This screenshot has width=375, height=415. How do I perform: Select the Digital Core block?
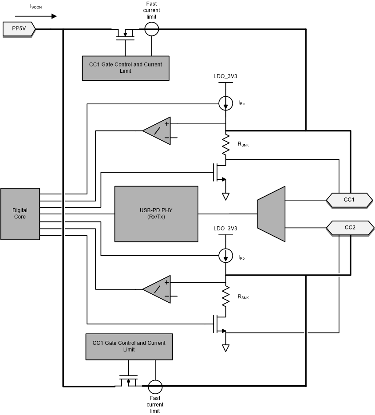[x=20, y=213]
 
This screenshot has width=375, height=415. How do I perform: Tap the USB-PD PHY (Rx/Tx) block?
[x=156, y=214]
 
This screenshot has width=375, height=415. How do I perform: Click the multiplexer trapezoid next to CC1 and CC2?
[x=271, y=214]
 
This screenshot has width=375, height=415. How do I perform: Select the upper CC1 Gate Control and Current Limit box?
[x=126, y=68]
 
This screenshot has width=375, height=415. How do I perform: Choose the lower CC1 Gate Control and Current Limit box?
[x=129, y=347]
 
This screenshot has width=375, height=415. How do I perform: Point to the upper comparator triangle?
[x=156, y=130]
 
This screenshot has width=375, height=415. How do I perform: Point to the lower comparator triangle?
[x=156, y=289]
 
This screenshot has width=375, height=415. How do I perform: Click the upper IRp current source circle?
[x=226, y=104]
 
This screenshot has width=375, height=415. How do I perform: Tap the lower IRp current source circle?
[x=226, y=256]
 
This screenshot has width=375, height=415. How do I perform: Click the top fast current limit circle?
[x=152, y=29]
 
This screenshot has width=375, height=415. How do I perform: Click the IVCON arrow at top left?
[x=42, y=16]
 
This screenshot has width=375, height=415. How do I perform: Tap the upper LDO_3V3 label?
[x=225, y=76]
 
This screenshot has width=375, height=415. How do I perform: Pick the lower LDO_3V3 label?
[x=225, y=229]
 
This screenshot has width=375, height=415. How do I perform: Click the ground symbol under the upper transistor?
[x=226, y=196]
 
